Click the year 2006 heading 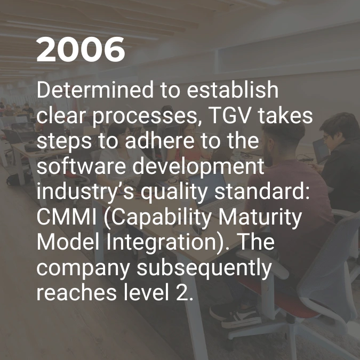pos(81,49)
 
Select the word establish pos(233,90)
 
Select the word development pos(198,167)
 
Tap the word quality pos(174,193)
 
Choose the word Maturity pos(260,218)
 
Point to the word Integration pos(161,243)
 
